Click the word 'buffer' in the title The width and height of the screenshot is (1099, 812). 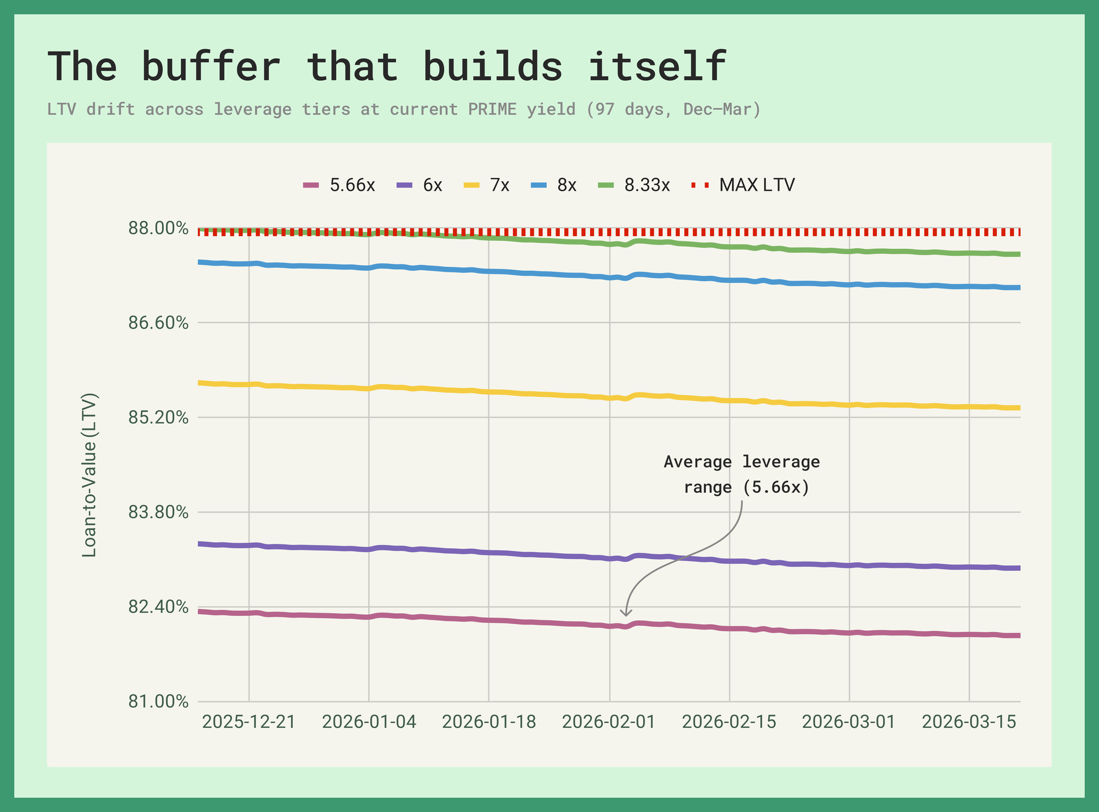point(211,67)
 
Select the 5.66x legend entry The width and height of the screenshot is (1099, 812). point(340,185)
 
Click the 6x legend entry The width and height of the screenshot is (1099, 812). point(420,185)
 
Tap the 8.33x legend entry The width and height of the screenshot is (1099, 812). point(634,185)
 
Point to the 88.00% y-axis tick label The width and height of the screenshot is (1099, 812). point(158,228)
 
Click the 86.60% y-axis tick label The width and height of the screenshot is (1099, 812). point(158,323)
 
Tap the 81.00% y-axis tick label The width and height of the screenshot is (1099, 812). point(158,702)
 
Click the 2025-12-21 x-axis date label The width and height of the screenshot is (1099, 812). point(249,722)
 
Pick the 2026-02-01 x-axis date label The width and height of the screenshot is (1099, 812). point(609,722)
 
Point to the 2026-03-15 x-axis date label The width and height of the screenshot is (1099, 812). point(969,722)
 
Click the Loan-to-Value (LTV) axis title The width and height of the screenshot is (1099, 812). point(90,475)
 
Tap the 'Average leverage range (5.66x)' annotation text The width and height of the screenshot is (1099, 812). point(742,475)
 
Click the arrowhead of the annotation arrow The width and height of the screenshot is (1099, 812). point(625,614)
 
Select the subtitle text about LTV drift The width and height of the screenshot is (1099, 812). point(404,109)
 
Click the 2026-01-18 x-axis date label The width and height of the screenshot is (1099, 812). point(489,722)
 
